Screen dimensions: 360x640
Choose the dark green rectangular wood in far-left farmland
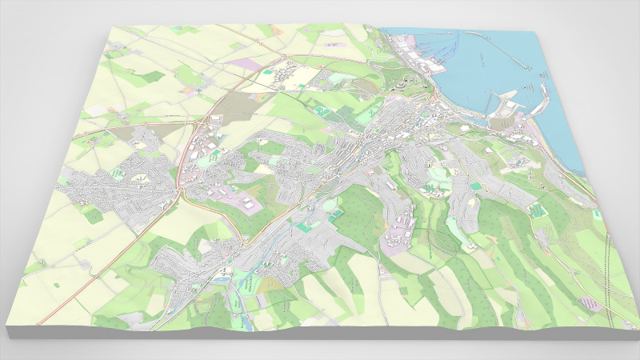(x=152, y=77)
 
